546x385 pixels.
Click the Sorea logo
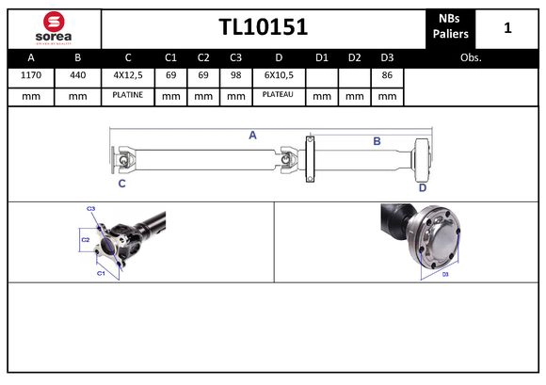pos(53,28)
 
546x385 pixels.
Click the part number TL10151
pos(263,27)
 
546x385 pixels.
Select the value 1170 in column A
pos(30,75)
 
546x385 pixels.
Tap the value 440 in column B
pos(77,75)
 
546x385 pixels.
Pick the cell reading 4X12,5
pos(128,75)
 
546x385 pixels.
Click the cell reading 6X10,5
pos(279,75)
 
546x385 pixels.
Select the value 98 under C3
pos(235,75)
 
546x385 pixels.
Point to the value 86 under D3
pos(386,75)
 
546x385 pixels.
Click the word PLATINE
pos(128,95)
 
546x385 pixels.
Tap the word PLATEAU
pos(279,95)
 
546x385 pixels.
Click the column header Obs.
pos(471,57)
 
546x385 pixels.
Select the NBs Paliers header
pos(451,27)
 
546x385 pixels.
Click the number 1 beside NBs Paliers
pos(507,27)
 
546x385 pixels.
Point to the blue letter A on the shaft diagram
pos(252,136)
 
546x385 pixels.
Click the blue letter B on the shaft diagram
pos(377,141)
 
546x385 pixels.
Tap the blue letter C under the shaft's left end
pos(121,184)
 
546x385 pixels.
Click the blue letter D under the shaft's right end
pos(423,187)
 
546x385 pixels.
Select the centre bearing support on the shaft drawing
pos(309,161)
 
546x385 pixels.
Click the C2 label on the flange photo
pos(85,240)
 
